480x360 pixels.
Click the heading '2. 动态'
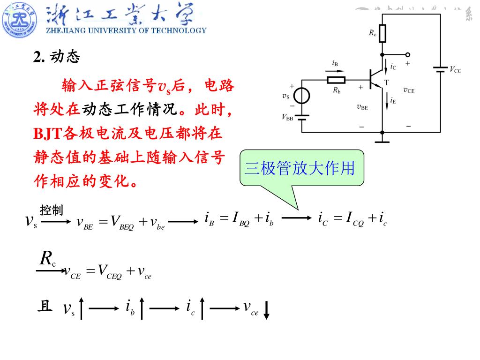(57, 57)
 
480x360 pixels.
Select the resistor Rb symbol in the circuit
(336, 80)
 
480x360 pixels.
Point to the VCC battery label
(455, 70)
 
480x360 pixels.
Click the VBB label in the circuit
(287, 118)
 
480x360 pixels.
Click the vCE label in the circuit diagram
(409, 90)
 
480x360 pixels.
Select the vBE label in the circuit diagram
(362, 107)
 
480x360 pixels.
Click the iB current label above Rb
(335, 63)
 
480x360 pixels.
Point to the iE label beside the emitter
(393, 99)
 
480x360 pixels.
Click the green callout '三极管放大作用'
(302, 168)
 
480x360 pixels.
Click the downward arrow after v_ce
(266, 310)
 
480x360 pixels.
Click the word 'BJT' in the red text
(47, 134)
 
